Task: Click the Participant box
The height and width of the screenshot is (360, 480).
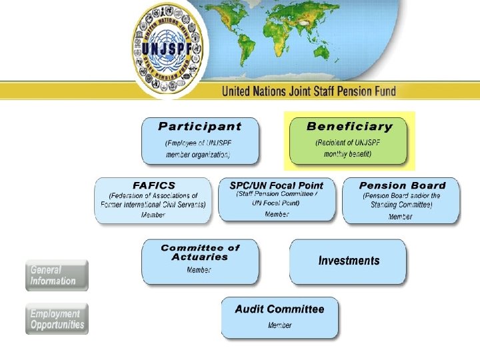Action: (x=200, y=141)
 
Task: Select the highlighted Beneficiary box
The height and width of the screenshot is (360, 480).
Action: (x=349, y=141)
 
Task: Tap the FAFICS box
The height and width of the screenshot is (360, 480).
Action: (x=153, y=200)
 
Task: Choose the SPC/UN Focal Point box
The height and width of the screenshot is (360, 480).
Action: (x=277, y=199)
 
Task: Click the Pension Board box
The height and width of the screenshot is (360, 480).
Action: (x=401, y=200)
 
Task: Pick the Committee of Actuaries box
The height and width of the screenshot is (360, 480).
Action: (x=199, y=261)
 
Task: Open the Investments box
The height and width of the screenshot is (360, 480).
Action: (x=348, y=261)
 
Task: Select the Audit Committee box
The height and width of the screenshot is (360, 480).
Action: (x=279, y=317)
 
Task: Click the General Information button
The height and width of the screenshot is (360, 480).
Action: (x=57, y=275)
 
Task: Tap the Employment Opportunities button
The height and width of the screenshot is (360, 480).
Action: (x=57, y=319)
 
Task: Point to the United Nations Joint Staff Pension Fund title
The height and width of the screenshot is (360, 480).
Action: (x=309, y=91)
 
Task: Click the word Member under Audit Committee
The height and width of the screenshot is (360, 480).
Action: (x=280, y=325)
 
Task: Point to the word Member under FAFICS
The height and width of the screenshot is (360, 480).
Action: (x=153, y=215)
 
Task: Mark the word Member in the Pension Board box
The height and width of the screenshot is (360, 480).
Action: (x=401, y=216)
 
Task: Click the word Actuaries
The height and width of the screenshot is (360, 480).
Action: (x=200, y=257)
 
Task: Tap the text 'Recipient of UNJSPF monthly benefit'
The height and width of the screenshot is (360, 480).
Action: (x=348, y=148)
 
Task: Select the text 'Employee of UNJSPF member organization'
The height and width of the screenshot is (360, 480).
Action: (x=199, y=149)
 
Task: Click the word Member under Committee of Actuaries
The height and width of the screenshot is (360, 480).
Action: (x=199, y=270)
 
